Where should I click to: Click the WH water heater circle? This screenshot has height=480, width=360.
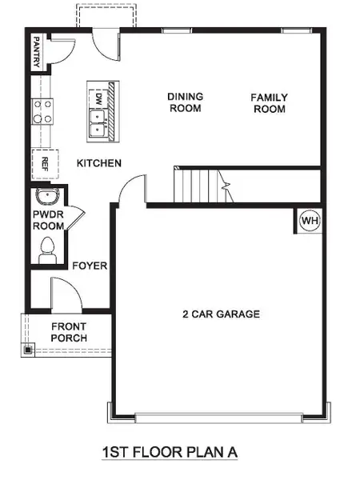[x=309, y=220]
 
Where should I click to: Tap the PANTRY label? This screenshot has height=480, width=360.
[x=38, y=51]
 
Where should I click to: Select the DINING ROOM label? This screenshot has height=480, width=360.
[x=185, y=102]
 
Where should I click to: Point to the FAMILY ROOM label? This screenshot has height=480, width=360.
[x=269, y=102]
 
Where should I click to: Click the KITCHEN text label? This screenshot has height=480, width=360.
[x=98, y=163]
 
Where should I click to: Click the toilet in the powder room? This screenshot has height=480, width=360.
[x=46, y=249]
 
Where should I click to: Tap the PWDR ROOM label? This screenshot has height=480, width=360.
[x=48, y=221]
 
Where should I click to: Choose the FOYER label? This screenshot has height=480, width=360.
[x=90, y=266]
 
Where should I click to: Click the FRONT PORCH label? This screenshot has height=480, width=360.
[x=69, y=332]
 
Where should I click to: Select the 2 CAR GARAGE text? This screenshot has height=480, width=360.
[x=221, y=314]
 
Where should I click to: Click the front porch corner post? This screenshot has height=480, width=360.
[x=28, y=350]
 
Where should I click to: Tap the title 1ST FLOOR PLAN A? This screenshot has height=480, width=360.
[x=170, y=452]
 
